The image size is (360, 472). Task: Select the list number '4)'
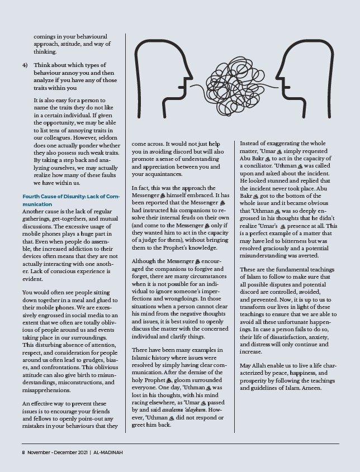click(x=25, y=65)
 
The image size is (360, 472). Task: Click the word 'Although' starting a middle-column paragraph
click(x=146, y=260)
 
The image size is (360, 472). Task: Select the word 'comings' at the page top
click(x=45, y=35)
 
